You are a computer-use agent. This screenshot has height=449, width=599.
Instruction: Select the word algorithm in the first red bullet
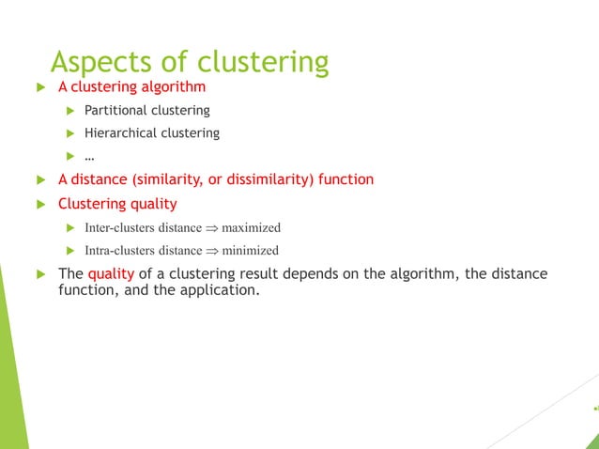[x=173, y=86]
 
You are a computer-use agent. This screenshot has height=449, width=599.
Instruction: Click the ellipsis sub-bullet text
[x=89, y=155]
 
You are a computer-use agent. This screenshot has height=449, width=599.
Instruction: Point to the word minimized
[x=250, y=251]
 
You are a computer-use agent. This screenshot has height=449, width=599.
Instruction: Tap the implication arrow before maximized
[x=211, y=227]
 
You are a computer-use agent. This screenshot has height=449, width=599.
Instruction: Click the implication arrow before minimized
[x=211, y=251]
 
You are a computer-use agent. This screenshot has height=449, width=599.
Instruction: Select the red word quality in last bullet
[x=111, y=273]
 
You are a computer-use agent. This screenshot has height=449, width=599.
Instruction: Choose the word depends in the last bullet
[x=307, y=273]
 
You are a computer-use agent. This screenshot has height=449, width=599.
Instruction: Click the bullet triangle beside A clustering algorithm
[x=39, y=87]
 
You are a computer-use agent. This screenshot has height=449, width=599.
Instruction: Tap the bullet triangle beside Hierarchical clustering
[x=69, y=133]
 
